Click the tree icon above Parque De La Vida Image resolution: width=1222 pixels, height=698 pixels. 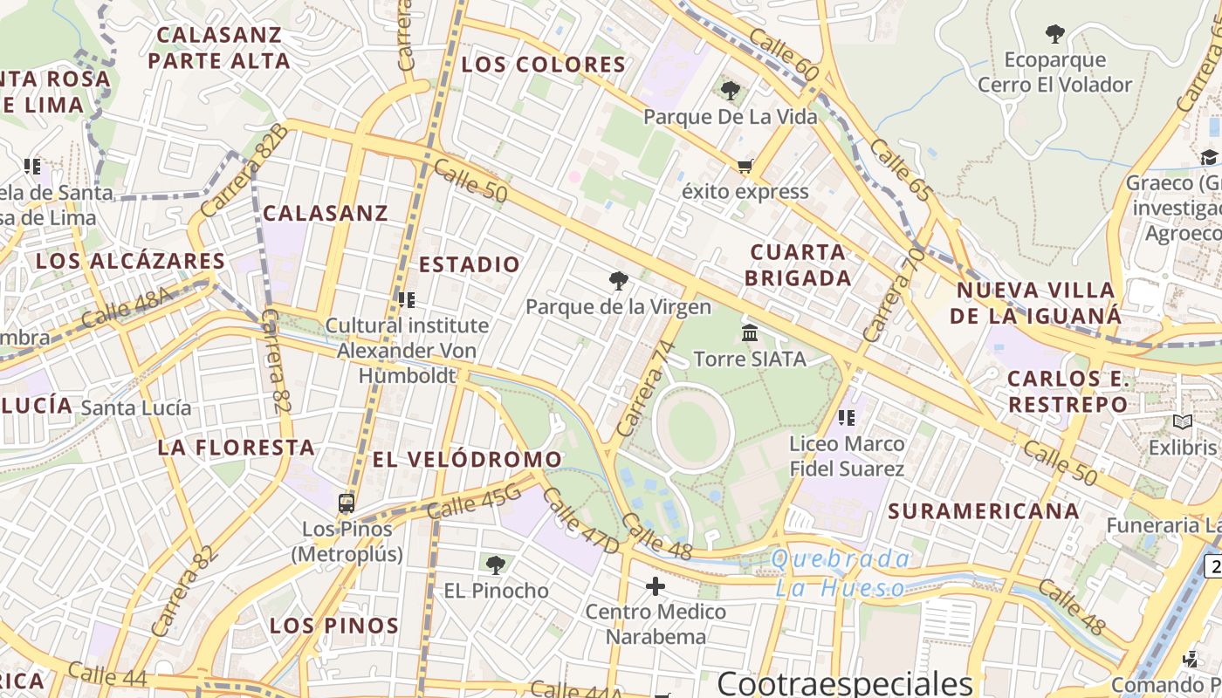[x=731, y=90]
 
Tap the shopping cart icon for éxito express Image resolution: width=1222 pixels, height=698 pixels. [x=745, y=166]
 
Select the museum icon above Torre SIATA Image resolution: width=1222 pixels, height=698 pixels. [x=749, y=332]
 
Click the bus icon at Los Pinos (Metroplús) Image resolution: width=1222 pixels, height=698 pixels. [x=347, y=503]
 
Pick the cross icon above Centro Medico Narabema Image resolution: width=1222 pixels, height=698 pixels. [x=656, y=586]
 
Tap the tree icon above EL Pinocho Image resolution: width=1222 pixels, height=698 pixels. [x=496, y=565]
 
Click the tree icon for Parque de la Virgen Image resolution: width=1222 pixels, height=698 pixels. [x=619, y=281]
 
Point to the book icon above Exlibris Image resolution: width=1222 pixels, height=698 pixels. [x=1182, y=423]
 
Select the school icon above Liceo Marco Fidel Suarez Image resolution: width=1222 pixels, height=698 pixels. [x=846, y=418]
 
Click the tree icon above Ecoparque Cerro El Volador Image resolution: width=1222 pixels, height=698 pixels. [x=1054, y=35]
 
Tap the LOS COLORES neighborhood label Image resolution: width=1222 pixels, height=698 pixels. [x=543, y=65]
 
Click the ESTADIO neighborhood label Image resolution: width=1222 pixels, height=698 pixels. [x=469, y=264]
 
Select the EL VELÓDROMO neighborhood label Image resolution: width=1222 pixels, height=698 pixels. [x=467, y=459]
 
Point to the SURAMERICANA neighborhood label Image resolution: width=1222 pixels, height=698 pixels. [x=984, y=511]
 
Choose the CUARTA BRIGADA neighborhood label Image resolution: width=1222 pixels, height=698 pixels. [x=800, y=265]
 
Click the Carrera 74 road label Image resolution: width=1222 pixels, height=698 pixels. [x=647, y=388]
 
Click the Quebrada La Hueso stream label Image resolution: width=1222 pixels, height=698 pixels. [x=841, y=572]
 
